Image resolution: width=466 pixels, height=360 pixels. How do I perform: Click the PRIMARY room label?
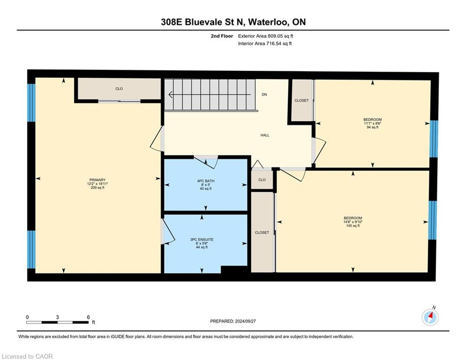pos(97,180)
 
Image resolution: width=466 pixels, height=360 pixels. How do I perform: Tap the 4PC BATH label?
pos(206,181)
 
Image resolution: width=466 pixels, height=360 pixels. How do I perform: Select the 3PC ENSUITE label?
pos(202,240)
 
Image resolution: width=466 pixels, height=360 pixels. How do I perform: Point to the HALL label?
pos(265,135)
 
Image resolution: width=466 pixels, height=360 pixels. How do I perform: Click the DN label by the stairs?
pos(264,95)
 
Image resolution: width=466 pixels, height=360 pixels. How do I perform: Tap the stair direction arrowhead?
pos(170,95)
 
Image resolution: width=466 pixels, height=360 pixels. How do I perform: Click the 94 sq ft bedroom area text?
pos(373,127)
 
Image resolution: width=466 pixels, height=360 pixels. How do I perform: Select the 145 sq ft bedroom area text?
pos(353,226)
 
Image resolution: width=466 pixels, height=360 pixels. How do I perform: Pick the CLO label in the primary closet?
pos(119,89)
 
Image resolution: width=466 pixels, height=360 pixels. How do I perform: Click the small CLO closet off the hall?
pos(262,180)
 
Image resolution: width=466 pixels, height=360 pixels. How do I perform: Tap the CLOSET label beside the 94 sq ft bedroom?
pos(302,101)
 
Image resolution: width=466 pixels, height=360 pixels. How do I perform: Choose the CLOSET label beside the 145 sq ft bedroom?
pos(262,232)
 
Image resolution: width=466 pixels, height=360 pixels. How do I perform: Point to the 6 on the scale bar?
pos(88,317)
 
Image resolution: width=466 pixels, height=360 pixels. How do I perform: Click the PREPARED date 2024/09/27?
pos(245,321)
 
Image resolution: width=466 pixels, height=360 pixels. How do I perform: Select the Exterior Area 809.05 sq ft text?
pos(266,36)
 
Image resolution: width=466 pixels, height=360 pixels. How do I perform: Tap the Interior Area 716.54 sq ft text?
pos(265,44)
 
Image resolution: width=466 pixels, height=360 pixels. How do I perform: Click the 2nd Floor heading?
pos(222,36)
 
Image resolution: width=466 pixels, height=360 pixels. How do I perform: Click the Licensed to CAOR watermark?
pos(27,356)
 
